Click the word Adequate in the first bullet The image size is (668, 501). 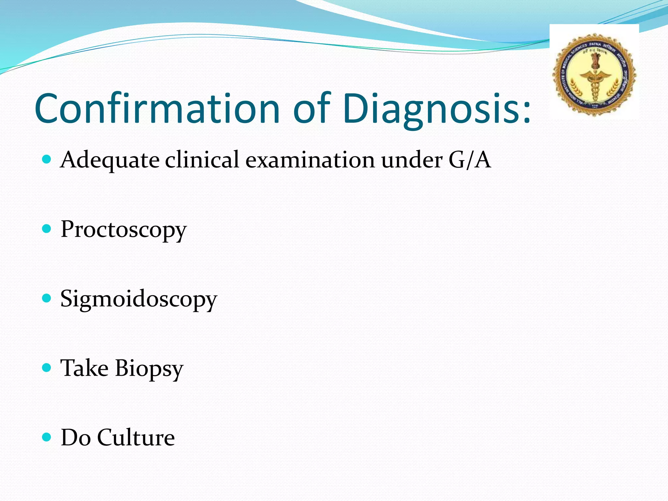(110, 160)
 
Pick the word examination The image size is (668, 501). (310, 160)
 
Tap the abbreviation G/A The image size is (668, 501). (469, 160)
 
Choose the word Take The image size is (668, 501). (84, 368)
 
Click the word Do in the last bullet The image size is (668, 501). (76, 437)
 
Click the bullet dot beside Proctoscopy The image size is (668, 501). (47, 229)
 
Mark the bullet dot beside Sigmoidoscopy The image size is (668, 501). (47, 298)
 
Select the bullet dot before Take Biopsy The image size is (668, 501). (47, 368)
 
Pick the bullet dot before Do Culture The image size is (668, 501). (47, 437)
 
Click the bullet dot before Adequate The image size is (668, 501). (47, 159)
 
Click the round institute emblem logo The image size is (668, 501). (594, 75)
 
